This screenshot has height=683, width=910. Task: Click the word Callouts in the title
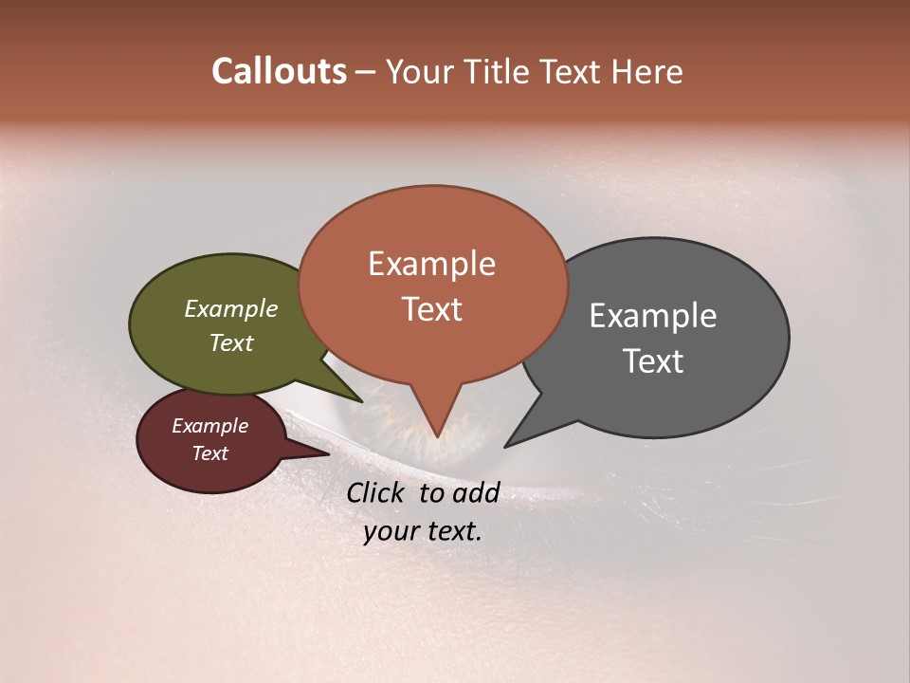pyautogui.click(x=279, y=71)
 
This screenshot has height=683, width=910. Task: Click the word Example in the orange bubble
pyautogui.click(x=431, y=264)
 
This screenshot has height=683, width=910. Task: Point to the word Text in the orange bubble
pyautogui.click(x=431, y=308)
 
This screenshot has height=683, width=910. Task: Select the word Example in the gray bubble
pyautogui.click(x=653, y=316)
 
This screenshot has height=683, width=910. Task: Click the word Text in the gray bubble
pyautogui.click(x=653, y=360)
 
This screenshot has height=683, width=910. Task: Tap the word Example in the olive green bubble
pyautogui.click(x=231, y=308)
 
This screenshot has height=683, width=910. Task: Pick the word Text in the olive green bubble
pyautogui.click(x=231, y=342)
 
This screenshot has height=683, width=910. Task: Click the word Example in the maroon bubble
pyautogui.click(x=209, y=426)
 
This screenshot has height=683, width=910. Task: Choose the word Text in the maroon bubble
pyautogui.click(x=209, y=453)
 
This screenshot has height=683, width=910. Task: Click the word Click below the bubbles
pyautogui.click(x=376, y=492)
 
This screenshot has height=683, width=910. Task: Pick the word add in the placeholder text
pyautogui.click(x=476, y=492)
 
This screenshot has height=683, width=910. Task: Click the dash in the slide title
pyautogui.click(x=366, y=72)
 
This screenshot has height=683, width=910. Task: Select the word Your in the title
pyautogui.click(x=417, y=71)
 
